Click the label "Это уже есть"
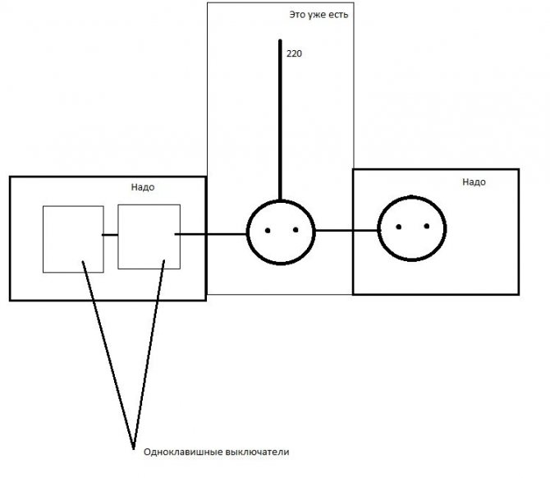[x=319, y=15]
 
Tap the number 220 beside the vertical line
[x=294, y=53]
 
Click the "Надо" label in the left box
[x=143, y=187]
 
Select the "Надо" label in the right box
[x=474, y=182]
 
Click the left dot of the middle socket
[x=268, y=231]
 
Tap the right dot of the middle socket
[x=296, y=230]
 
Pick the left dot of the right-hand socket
[x=398, y=227]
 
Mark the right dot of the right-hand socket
[x=427, y=226]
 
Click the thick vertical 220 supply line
[x=280, y=120]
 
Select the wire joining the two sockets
[x=346, y=231]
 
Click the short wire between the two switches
[x=110, y=235]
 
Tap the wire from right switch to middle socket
[x=211, y=234]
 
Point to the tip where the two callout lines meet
[x=133, y=449]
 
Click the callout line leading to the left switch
[x=108, y=355]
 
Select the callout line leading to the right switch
[x=149, y=355]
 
